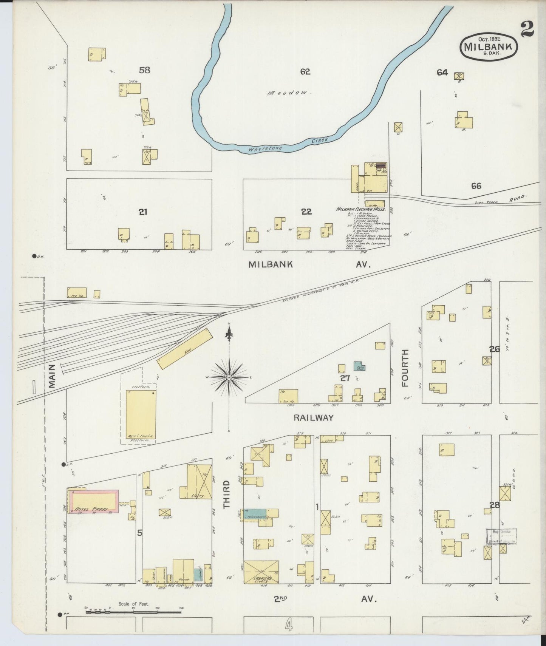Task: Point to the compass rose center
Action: click(229, 377)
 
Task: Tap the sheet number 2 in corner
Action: click(527, 30)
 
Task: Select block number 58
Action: click(144, 70)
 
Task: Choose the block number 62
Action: click(305, 71)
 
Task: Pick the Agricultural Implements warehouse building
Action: click(141, 415)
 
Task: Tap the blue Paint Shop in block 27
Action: click(359, 366)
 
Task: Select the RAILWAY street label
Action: click(314, 418)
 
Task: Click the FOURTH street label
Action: click(405, 368)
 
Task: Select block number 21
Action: click(142, 212)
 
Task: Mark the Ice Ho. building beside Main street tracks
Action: click(77, 293)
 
